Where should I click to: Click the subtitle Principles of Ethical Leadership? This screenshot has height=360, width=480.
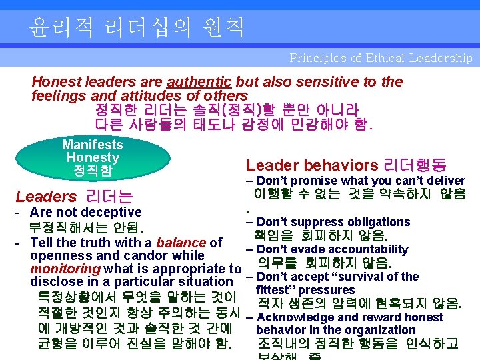pyautogui.click(x=381, y=58)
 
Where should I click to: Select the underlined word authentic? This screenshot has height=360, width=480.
pyautogui.click(x=199, y=82)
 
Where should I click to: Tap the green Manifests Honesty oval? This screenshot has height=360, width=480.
pyautogui.click(x=92, y=158)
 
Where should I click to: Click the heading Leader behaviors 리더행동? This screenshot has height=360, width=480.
pyautogui.click(x=347, y=165)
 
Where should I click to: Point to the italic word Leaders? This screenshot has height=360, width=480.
pyautogui.click(x=46, y=197)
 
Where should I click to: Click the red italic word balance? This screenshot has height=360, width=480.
pyautogui.click(x=181, y=243)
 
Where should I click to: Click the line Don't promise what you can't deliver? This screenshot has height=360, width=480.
pyautogui.click(x=360, y=181)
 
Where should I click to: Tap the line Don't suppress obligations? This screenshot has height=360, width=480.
pyautogui.click(x=333, y=222)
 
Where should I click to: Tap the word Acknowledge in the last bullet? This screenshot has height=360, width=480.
pyautogui.click(x=296, y=317)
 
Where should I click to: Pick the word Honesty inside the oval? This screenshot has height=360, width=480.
pyautogui.click(x=92, y=158)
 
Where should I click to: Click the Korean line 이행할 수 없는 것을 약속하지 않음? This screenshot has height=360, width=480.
pyautogui.click(x=359, y=195)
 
